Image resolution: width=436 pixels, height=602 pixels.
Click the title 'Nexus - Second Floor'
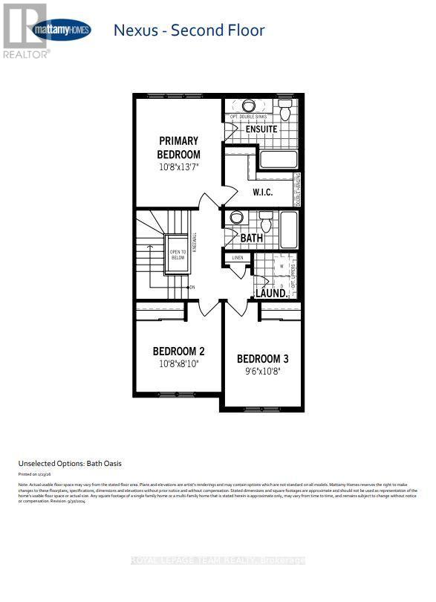189,30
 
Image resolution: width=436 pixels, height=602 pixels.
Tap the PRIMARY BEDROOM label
178,147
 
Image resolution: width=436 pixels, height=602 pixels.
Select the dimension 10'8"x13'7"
178,167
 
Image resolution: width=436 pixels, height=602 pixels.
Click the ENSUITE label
261,129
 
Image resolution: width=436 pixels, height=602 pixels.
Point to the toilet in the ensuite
285,111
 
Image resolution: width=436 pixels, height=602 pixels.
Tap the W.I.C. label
263,192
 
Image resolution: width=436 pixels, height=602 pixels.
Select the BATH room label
252,238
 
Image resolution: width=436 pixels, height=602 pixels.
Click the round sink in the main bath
237,218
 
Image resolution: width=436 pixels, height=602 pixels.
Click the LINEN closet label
238,258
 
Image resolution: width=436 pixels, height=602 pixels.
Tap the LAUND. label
272,294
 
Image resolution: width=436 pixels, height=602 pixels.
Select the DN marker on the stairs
192,288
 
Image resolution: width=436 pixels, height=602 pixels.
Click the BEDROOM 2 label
178,351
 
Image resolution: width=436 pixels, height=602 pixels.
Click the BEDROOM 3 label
262,359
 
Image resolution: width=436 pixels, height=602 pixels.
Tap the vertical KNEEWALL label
195,242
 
